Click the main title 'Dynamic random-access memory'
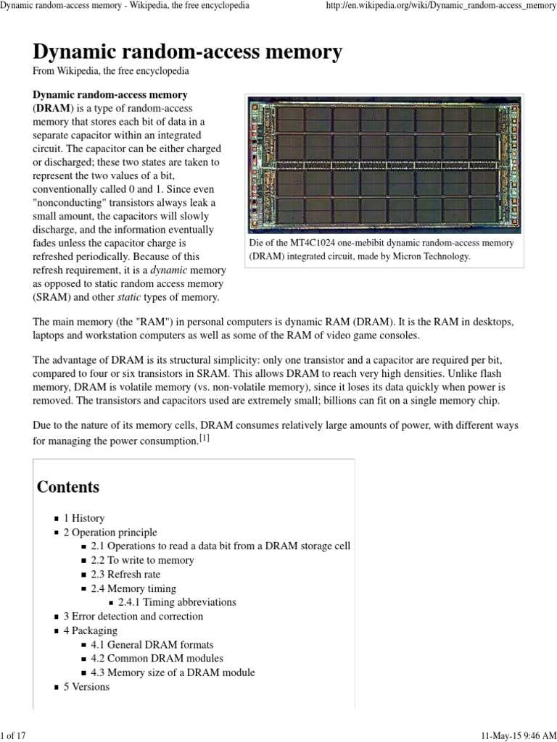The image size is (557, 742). coord(188,53)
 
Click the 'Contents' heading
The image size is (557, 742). coord(68,487)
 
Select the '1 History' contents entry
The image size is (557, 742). coord(83,518)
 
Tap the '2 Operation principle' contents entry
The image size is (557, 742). coord(110,533)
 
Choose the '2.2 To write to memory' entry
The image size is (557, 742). coord(142,560)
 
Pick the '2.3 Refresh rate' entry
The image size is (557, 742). coord(125,575)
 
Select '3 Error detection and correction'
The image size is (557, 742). coord(133,617)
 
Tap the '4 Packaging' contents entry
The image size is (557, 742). coord(89,630)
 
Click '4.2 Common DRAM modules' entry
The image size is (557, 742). coord(157,659)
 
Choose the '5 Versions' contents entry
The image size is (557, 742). coord(86,686)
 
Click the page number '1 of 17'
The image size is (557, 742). coord(14,735)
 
